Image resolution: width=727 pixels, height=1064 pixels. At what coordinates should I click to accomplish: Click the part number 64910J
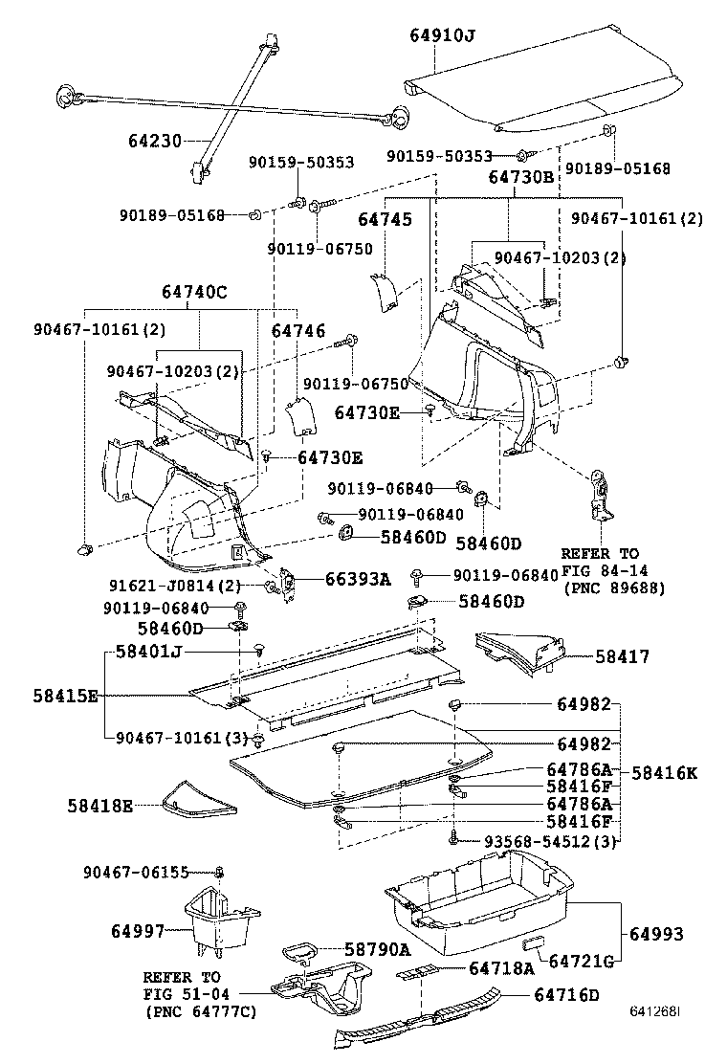pyautogui.click(x=443, y=36)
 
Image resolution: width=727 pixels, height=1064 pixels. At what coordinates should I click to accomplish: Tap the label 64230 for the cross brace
pyautogui.click(x=155, y=140)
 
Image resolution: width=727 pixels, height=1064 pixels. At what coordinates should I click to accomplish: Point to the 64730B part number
pyautogui.click(x=521, y=177)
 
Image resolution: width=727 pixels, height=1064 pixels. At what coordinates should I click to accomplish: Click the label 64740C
pyautogui.click(x=195, y=293)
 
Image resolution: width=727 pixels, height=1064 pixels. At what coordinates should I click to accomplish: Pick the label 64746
pyautogui.click(x=299, y=330)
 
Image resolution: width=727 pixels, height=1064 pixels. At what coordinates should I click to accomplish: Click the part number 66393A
pyautogui.click(x=359, y=579)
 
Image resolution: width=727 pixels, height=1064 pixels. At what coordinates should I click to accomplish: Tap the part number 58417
pyautogui.click(x=622, y=656)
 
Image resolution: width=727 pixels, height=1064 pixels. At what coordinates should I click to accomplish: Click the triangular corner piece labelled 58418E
pyautogui.click(x=198, y=800)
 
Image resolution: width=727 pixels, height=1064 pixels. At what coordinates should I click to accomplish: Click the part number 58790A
pyautogui.click(x=377, y=949)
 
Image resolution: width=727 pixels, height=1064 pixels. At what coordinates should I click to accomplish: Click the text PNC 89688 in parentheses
pyautogui.click(x=613, y=587)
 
